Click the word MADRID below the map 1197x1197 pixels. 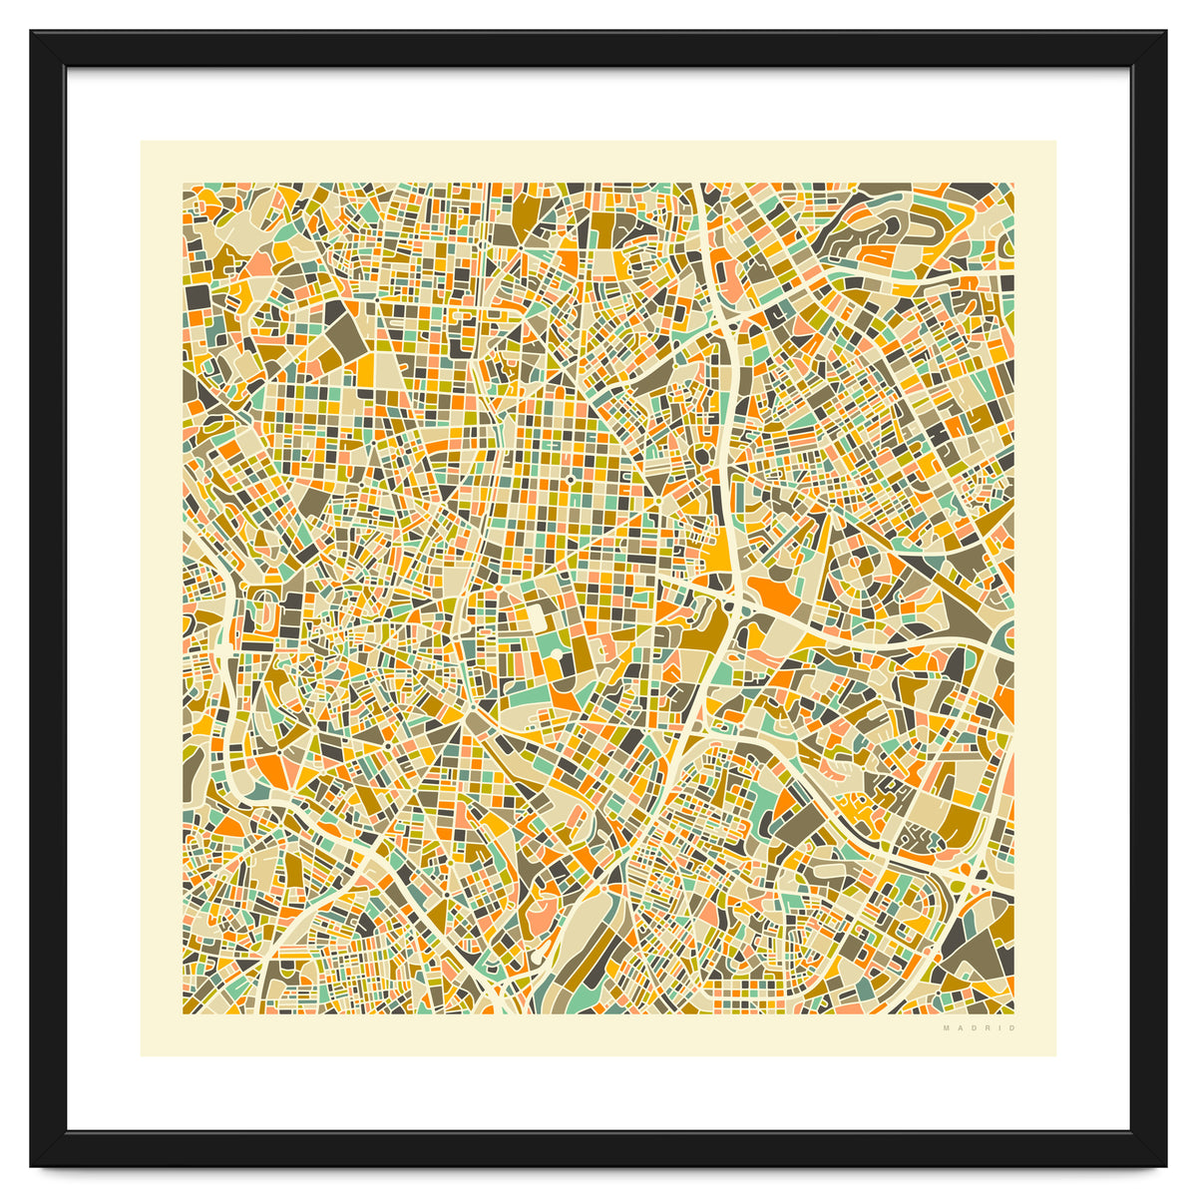[x=980, y=1027]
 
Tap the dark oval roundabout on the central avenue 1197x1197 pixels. [x=701, y=457]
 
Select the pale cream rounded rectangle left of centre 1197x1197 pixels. [x=537, y=618]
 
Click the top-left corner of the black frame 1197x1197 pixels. [x=32, y=32]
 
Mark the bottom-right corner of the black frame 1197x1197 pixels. [x=1165, y=1165]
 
